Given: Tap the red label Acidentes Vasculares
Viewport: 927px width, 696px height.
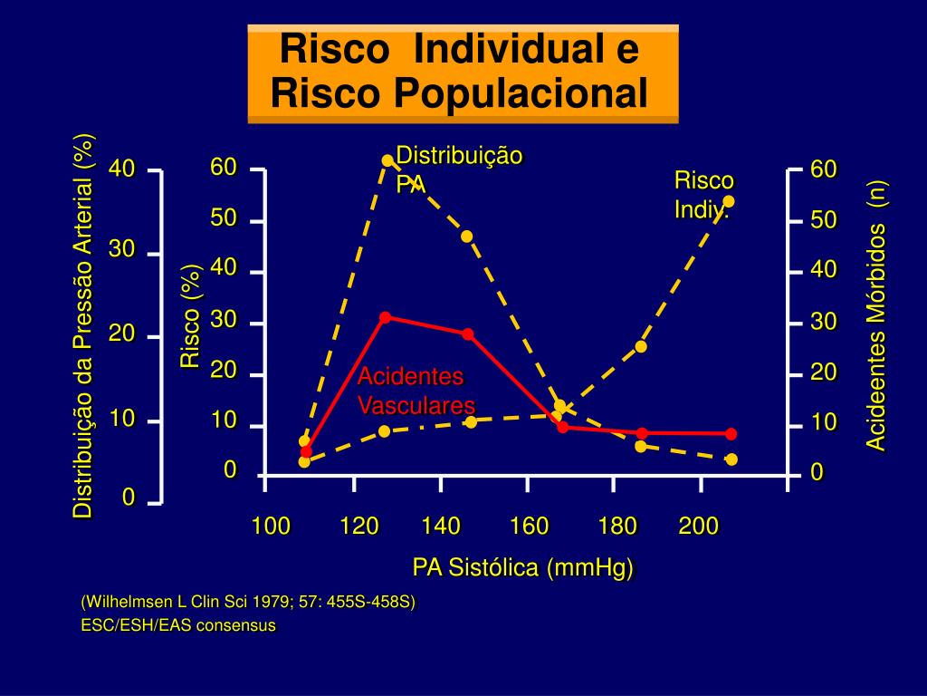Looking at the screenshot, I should [416, 391].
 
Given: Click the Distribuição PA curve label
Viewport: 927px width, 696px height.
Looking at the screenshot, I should [459, 169].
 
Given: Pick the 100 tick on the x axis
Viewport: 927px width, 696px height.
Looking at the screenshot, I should [271, 527].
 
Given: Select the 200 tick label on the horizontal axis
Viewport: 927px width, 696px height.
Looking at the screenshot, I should [699, 527].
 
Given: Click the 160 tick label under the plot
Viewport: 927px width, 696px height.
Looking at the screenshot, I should [529, 527].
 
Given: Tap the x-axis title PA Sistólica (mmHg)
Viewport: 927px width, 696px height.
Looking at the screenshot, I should [523, 568].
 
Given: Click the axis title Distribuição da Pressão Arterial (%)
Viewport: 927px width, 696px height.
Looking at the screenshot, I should [83, 326].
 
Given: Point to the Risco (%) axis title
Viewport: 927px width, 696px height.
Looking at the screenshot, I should [190, 317].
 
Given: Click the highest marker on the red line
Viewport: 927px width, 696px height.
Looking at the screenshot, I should [385, 317].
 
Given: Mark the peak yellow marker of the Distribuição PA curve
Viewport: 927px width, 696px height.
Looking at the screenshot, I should [387, 160].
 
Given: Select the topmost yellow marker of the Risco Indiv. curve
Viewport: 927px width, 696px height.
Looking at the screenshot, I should [729, 201].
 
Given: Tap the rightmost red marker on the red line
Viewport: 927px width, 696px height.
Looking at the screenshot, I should [731, 434].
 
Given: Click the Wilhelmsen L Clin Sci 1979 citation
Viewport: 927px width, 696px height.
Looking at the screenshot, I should [248, 603].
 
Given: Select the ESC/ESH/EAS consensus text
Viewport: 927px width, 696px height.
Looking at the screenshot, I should [178, 625].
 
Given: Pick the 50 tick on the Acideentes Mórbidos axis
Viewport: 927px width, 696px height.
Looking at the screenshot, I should [824, 221].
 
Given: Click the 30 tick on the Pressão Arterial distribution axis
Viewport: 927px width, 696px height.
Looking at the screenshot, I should [122, 251].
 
